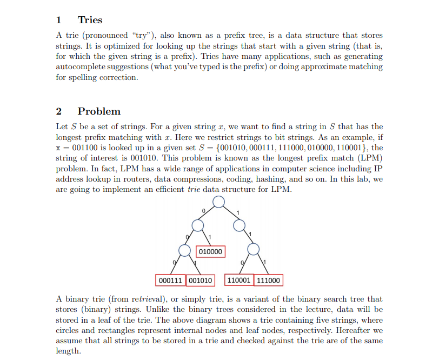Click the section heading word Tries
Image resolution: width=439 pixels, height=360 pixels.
pyautogui.click(x=90, y=20)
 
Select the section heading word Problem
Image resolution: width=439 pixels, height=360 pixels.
pyautogui.click(x=99, y=111)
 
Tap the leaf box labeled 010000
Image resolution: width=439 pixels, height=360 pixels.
pyautogui.click(x=211, y=252)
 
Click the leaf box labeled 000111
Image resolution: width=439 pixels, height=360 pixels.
pyautogui.click(x=170, y=281)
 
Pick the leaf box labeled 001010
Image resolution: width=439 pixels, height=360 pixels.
pyautogui.click(x=200, y=281)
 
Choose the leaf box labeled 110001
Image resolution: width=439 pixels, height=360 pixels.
pyautogui.click(x=239, y=281)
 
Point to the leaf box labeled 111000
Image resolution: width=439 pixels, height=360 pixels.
pyautogui.click(x=269, y=281)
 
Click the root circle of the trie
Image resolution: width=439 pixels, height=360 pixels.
pyautogui.click(x=218, y=202)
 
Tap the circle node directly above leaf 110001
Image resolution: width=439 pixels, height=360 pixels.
pyautogui.click(x=253, y=249)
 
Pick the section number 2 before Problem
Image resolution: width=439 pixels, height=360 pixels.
pyautogui.click(x=59, y=111)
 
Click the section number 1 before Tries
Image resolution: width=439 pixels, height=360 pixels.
pyautogui.click(x=58, y=20)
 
